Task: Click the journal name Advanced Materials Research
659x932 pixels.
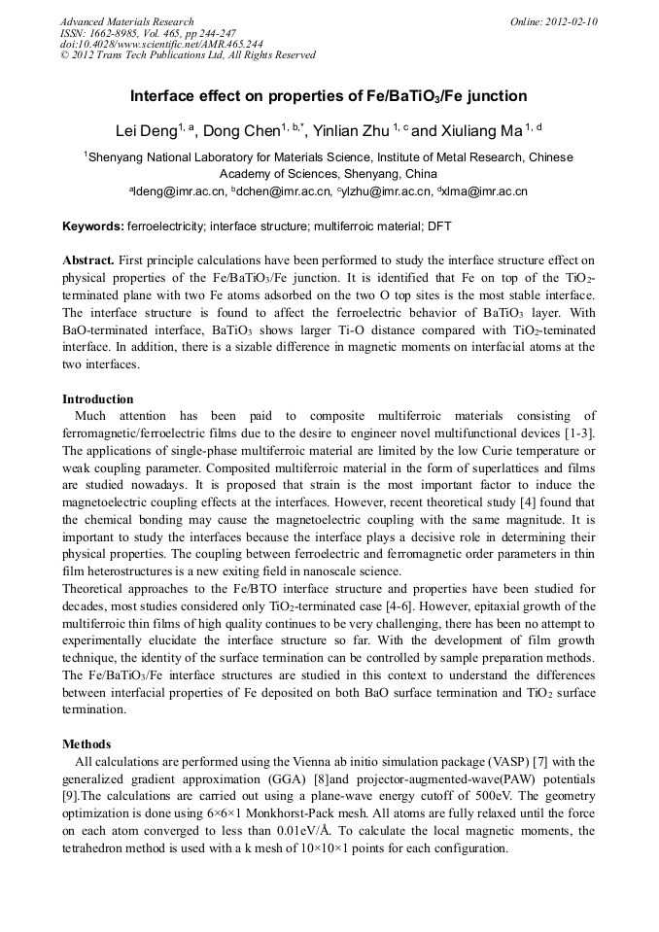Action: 126,21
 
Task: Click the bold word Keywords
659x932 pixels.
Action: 92,226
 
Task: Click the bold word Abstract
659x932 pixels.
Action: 88,260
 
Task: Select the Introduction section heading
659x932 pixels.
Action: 99,399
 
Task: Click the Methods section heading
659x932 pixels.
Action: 87,743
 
